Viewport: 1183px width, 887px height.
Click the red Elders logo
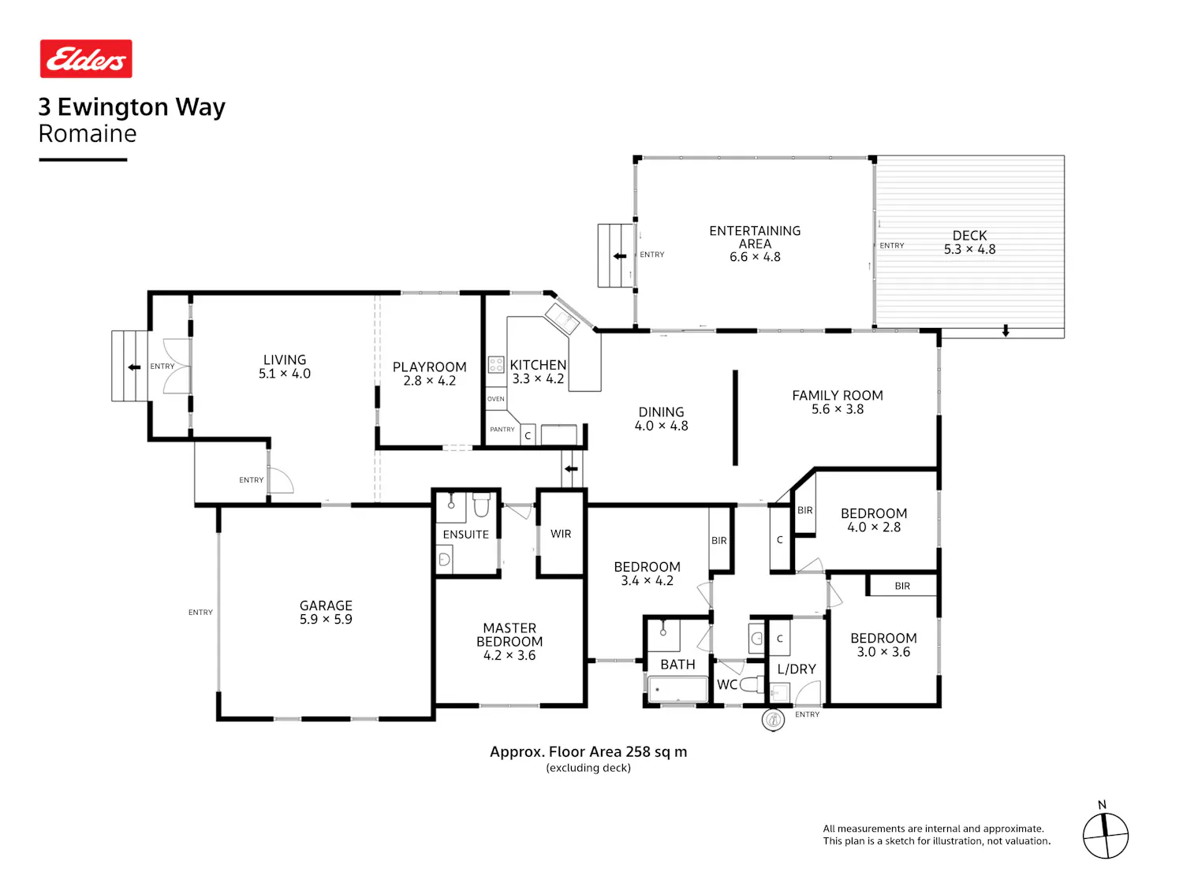[x=86, y=58]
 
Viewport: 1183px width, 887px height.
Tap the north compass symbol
[x=1105, y=835]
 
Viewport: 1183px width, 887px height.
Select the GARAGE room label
[x=326, y=606]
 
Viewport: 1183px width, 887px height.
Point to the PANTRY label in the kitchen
[x=502, y=429]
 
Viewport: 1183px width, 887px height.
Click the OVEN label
[x=495, y=399]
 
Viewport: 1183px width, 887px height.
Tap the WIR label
[x=561, y=534]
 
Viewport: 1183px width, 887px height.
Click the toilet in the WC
[x=752, y=684]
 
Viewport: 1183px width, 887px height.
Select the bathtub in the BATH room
[x=677, y=689]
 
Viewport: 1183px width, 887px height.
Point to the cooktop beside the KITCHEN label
[x=496, y=364]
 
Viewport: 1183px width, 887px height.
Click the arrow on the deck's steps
[x=1005, y=330]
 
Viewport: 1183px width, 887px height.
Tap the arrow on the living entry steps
[x=134, y=367]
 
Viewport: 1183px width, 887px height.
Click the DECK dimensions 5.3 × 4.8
[x=969, y=249]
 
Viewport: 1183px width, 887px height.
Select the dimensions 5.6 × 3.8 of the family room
[x=837, y=409]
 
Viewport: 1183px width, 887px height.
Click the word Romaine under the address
[x=88, y=133]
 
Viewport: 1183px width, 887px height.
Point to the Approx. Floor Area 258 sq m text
[x=588, y=752]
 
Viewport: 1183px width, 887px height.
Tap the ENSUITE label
[x=465, y=535]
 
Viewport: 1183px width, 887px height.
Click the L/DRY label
[x=796, y=669]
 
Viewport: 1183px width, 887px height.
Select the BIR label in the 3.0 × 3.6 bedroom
[x=902, y=586]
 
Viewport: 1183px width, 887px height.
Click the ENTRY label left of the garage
[x=200, y=613]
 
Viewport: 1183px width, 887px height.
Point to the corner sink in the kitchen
[x=562, y=319]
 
